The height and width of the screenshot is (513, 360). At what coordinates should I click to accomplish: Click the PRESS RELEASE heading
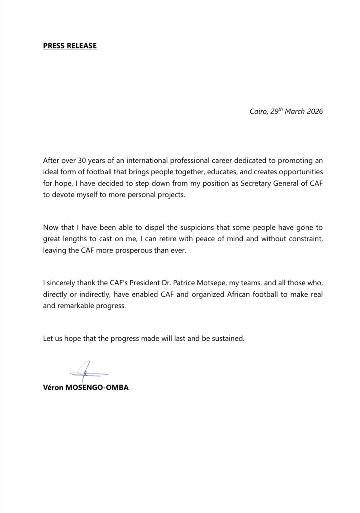[70, 46]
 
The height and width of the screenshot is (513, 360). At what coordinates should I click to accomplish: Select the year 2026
[315, 111]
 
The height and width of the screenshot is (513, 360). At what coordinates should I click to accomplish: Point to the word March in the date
[294, 111]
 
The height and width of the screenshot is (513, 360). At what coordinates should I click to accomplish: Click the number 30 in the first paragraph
[82, 161]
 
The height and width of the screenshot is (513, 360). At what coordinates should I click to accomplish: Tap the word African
[238, 295]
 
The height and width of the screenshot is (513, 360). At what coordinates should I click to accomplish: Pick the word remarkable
[76, 306]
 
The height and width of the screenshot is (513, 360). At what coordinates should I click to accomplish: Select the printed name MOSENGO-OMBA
[97, 387]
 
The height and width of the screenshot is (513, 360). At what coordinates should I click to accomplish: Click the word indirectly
[94, 295]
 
